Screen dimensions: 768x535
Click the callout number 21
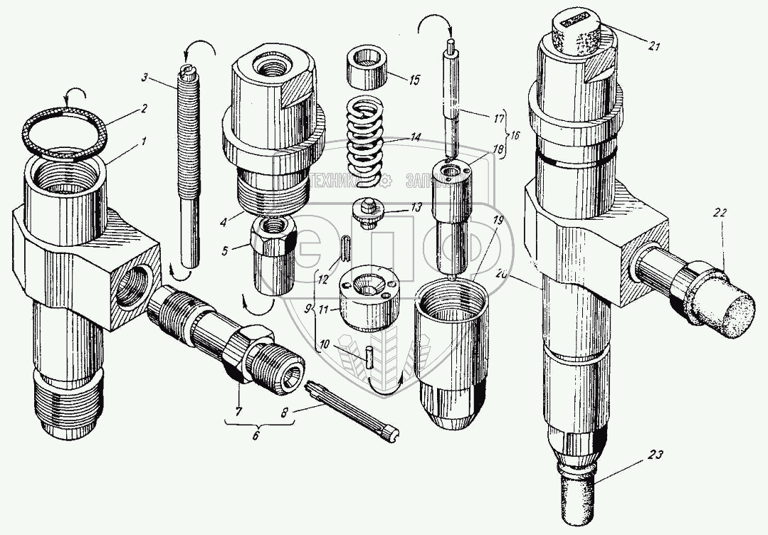655,48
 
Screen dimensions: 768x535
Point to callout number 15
414,78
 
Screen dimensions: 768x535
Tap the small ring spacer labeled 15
368,68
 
